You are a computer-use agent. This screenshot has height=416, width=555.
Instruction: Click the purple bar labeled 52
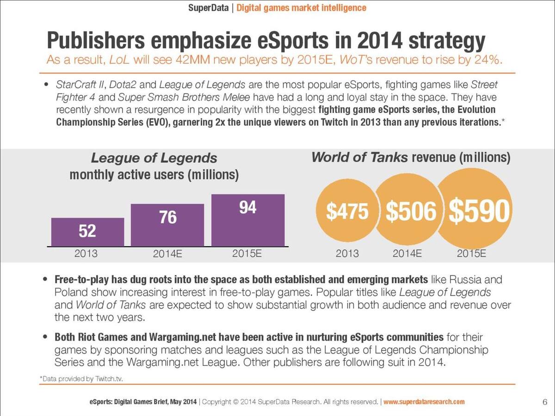87,232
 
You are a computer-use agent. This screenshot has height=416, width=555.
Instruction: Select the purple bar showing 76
167,225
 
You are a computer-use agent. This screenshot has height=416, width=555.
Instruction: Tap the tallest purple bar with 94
248,220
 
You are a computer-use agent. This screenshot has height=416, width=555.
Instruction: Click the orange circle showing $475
347,211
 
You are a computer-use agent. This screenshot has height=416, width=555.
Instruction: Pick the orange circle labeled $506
410,210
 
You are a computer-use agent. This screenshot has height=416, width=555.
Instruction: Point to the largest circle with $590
475,209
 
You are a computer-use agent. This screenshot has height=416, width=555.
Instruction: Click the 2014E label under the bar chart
167,254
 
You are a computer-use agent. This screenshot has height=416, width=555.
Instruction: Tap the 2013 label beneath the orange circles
347,254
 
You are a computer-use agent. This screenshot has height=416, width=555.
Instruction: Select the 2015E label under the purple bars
247,254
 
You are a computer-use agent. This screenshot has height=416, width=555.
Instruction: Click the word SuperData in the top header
208,8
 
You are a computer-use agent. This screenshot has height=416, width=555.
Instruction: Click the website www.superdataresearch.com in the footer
424,402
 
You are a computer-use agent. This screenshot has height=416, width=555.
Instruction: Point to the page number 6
545,402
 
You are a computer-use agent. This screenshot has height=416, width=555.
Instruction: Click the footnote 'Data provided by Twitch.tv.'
81,379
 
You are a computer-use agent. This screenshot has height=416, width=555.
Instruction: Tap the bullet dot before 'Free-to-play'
45,279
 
